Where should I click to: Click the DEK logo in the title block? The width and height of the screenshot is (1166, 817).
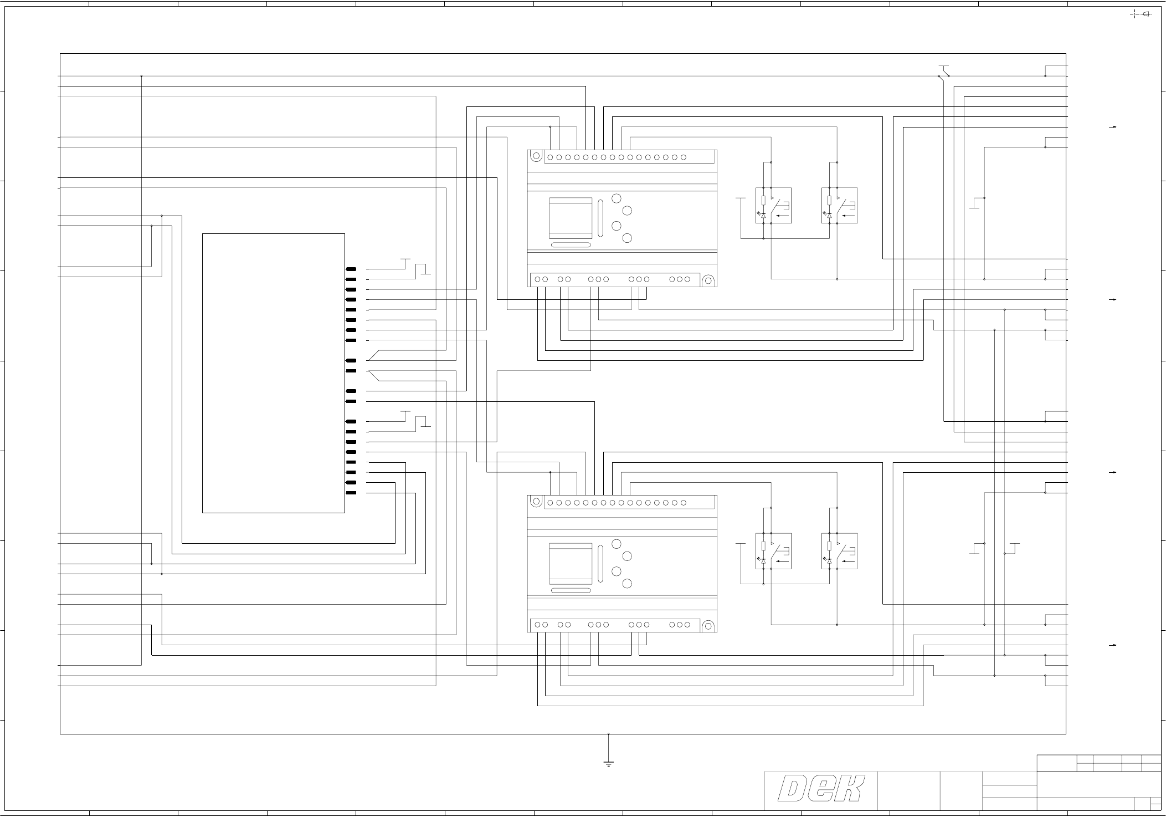pos(821,789)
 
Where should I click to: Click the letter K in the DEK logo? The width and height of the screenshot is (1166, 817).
pos(848,789)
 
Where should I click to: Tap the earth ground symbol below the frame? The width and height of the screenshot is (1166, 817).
pos(608,764)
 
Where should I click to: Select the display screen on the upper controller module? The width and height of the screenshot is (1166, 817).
pos(571,218)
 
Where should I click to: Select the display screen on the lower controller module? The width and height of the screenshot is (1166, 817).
pos(571,564)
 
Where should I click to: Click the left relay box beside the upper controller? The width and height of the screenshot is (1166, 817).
pos(773,206)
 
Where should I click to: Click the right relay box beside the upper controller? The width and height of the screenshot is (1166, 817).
pos(839,206)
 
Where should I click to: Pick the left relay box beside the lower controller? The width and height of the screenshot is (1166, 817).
pos(773,551)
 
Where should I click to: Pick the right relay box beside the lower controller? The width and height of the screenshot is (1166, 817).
pos(839,551)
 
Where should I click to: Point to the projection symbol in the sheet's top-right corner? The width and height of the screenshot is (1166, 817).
pos(1141,14)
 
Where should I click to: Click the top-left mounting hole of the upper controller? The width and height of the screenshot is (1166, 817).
pos(536,157)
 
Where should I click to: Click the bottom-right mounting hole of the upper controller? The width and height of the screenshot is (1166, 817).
pos(708,280)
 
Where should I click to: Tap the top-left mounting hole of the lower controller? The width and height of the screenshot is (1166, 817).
pos(536,502)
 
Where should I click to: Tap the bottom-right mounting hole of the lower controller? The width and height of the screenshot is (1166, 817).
pos(708,626)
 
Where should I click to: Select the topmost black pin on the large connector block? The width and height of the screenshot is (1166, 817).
pos(351,269)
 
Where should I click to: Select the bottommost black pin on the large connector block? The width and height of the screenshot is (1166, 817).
pos(351,493)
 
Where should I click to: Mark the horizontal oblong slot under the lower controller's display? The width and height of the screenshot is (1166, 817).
pos(571,590)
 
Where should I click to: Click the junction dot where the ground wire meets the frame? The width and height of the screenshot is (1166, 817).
pos(608,734)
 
